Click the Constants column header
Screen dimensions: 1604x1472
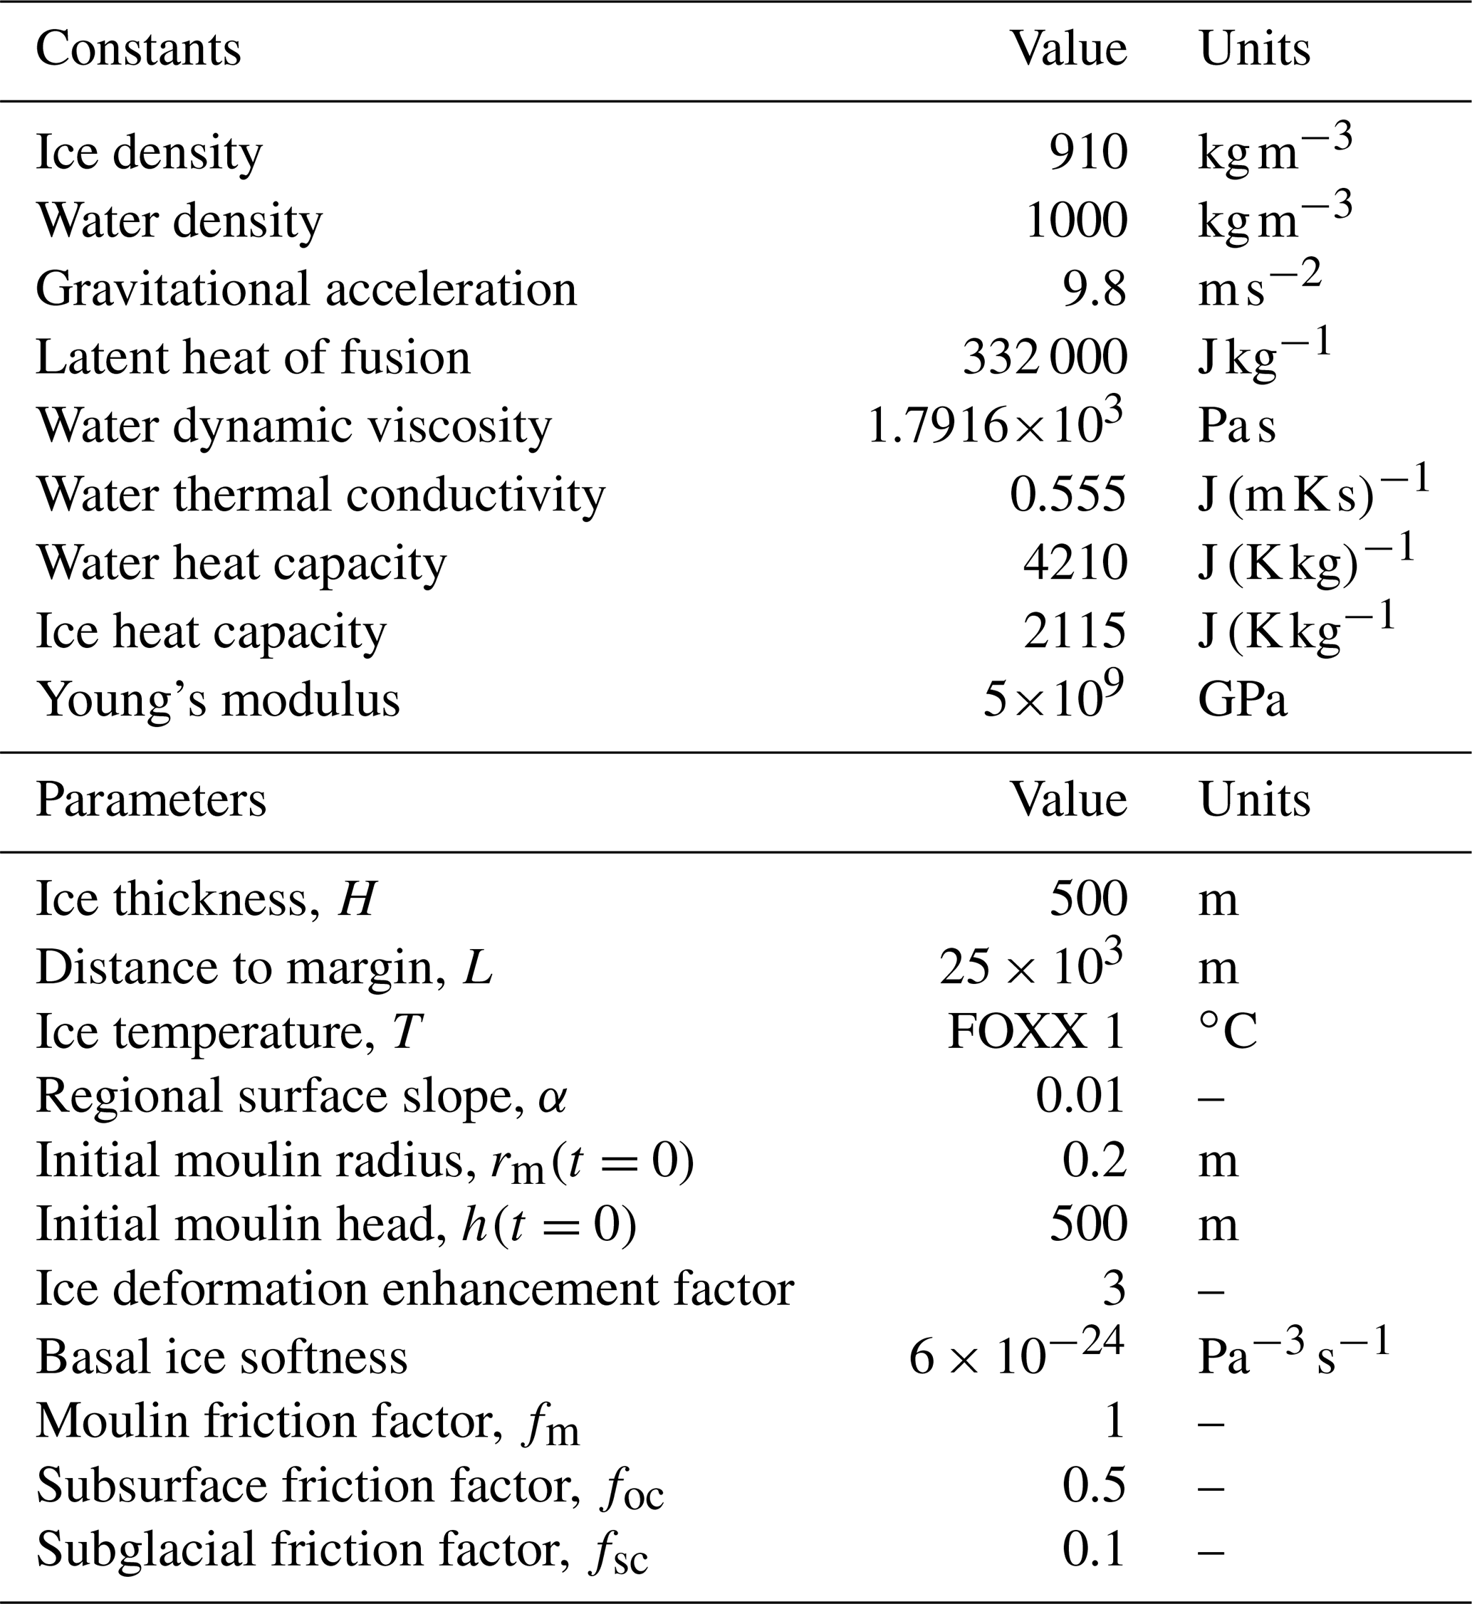tap(138, 49)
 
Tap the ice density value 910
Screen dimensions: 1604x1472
tap(1088, 152)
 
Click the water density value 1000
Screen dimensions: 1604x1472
tap(1076, 221)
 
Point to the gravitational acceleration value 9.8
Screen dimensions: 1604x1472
tap(1095, 289)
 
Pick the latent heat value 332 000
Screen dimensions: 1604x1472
tap(1044, 357)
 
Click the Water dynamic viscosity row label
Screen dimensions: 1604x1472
tap(294, 426)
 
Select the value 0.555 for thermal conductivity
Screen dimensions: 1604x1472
tap(1068, 495)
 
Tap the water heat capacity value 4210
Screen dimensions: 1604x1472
tap(1075, 563)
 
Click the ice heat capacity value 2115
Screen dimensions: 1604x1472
tap(1075, 631)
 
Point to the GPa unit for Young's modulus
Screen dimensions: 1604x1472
tap(1243, 701)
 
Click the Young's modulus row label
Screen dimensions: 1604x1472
tap(217, 701)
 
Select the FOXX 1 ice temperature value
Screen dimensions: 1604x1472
tap(1036, 1032)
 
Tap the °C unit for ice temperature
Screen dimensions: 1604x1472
tap(1228, 1032)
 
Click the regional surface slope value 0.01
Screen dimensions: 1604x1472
tap(1080, 1096)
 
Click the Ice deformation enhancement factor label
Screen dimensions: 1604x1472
tap(415, 1290)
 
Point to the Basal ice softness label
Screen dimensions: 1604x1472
tap(221, 1356)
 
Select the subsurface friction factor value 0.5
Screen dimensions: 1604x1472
tap(1095, 1485)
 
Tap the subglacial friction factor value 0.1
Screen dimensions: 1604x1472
tap(1095, 1550)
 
